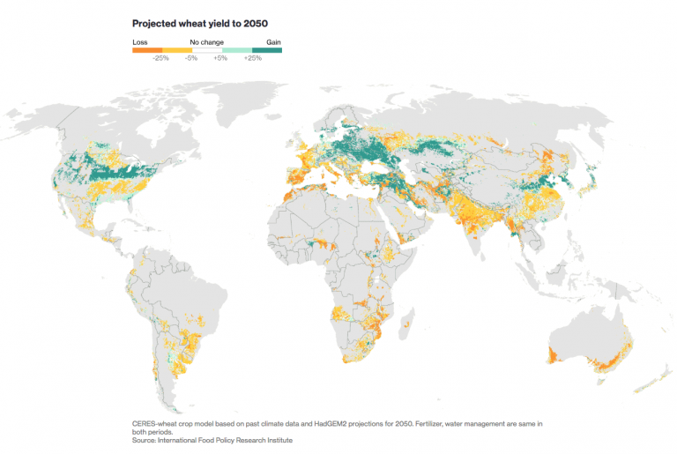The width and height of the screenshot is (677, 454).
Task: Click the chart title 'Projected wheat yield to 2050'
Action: [x=199, y=23]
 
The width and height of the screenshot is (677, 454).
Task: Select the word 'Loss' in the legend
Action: [x=139, y=41]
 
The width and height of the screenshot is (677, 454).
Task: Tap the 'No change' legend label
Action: [x=206, y=41]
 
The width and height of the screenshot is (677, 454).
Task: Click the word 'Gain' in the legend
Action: [x=273, y=41]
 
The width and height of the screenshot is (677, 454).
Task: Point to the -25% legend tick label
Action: [x=160, y=58]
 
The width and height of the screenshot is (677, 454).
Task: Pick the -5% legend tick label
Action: [x=191, y=58]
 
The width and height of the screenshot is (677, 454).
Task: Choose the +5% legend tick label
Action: [x=221, y=58]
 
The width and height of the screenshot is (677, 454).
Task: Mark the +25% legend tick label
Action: [x=252, y=58]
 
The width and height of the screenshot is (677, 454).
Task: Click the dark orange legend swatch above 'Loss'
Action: [x=145, y=50]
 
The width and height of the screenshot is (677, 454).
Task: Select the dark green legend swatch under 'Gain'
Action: [x=267, y=50]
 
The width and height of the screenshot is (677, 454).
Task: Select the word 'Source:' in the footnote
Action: [x=146, y=440]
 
